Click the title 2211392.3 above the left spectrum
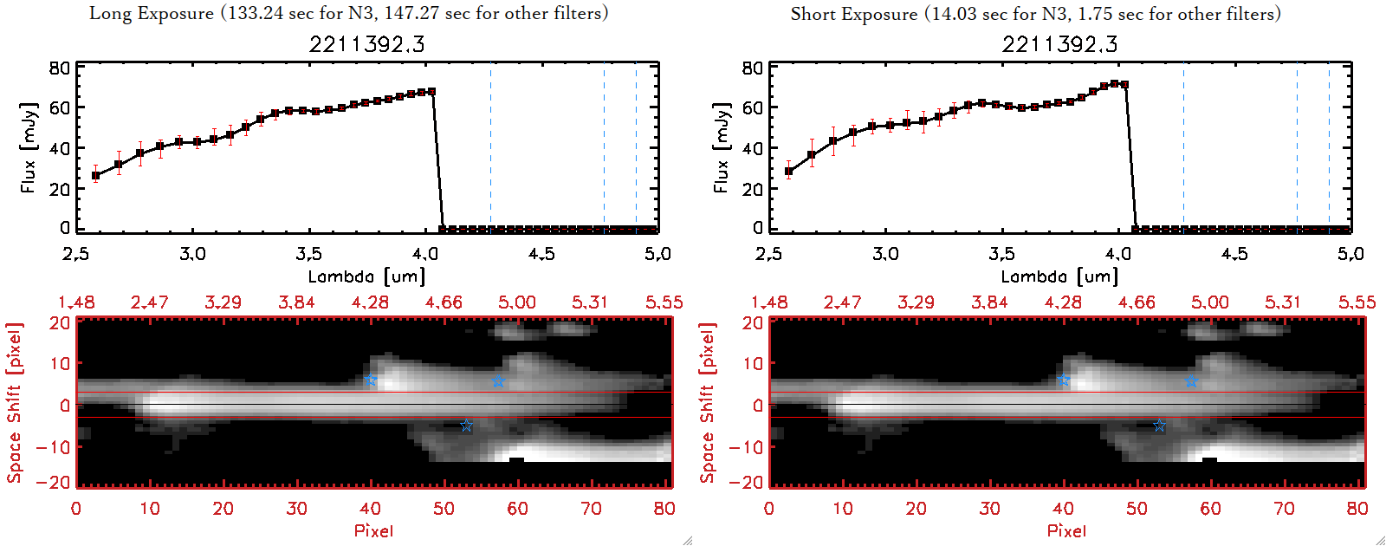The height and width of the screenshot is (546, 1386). [x=366, y=44]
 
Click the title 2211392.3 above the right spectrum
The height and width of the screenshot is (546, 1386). [x=1059, y=44]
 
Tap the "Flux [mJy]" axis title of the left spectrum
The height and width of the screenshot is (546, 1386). [x=29, y=147]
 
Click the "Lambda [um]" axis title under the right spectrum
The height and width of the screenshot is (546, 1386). [x=1059, y=276]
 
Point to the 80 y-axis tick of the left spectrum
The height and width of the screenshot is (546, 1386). [x=59, y=68]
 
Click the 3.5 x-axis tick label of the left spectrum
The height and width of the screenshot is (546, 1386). [x=308, y=254]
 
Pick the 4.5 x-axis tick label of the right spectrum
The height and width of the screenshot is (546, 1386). [x=1234, y=254]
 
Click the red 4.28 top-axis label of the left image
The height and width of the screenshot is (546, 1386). [x=370, y=302]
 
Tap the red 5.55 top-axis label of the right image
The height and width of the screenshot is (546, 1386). [x=1357, y=302]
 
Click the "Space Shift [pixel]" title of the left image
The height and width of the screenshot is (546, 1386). [x=14, y=403]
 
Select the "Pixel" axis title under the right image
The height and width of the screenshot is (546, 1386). [x=1066, y=530]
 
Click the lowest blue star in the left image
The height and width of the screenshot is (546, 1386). [x=466, y=426]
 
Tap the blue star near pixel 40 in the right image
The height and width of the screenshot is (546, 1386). [x=1064, y=380]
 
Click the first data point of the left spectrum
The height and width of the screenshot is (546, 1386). [x=95, y=175]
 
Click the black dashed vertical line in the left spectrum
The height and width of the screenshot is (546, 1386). [x=605, y=147]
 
